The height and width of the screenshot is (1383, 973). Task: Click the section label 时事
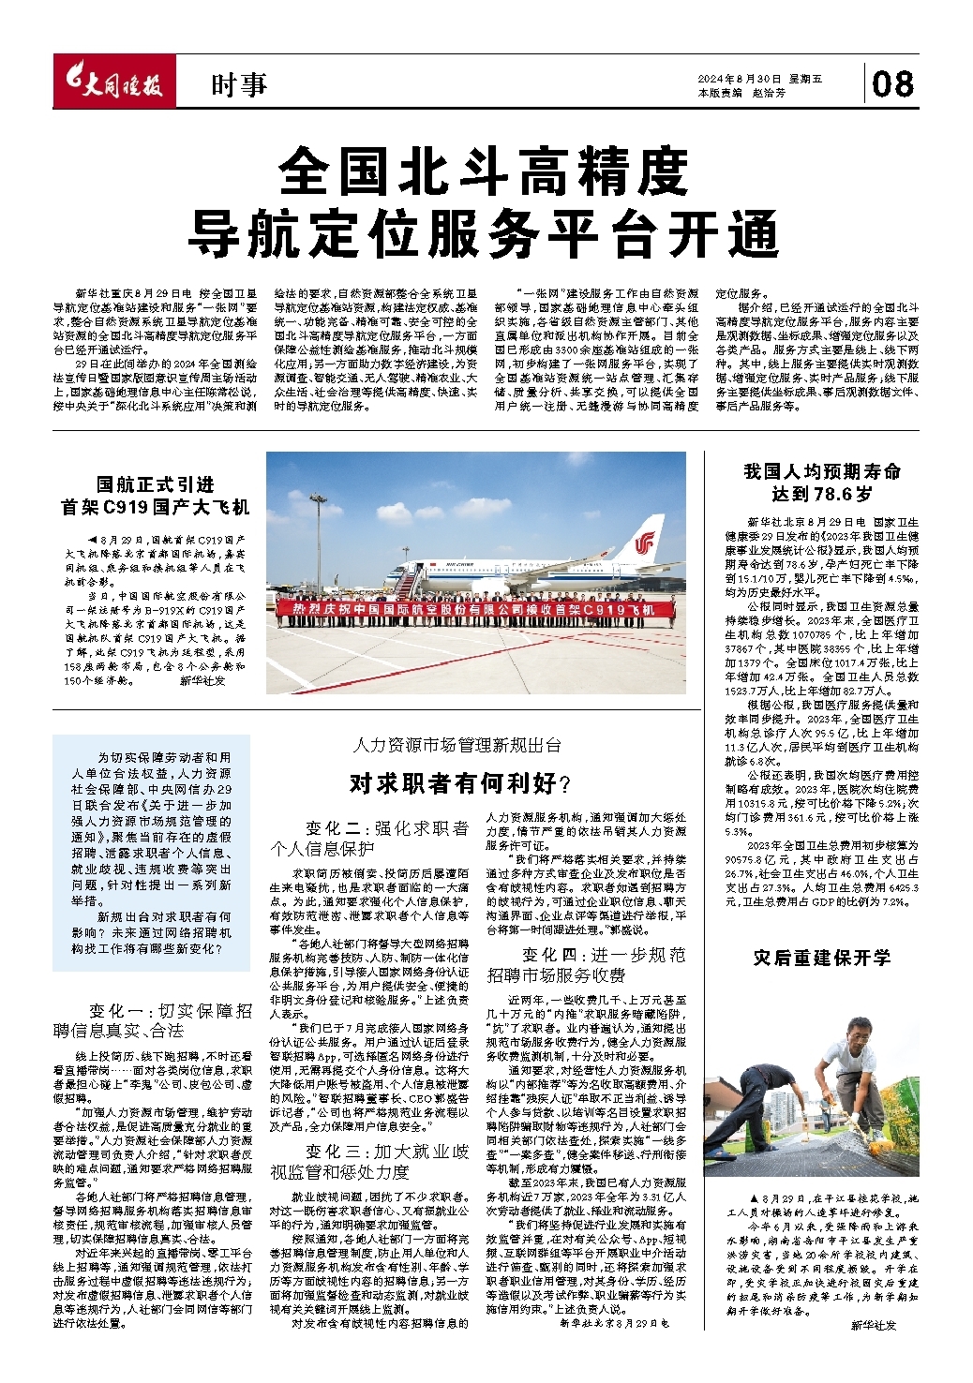point(238,86)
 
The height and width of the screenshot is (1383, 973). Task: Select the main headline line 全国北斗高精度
point(486,171)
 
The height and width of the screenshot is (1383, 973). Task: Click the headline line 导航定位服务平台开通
point(486,233)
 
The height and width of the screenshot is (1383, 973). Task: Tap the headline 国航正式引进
point(156,484)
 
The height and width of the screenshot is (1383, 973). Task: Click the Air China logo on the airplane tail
point(645,543)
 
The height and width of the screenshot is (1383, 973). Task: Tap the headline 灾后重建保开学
point(822,959)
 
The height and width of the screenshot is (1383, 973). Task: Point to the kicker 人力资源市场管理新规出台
point(457,746)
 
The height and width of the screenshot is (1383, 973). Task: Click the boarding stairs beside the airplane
point(404,588)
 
